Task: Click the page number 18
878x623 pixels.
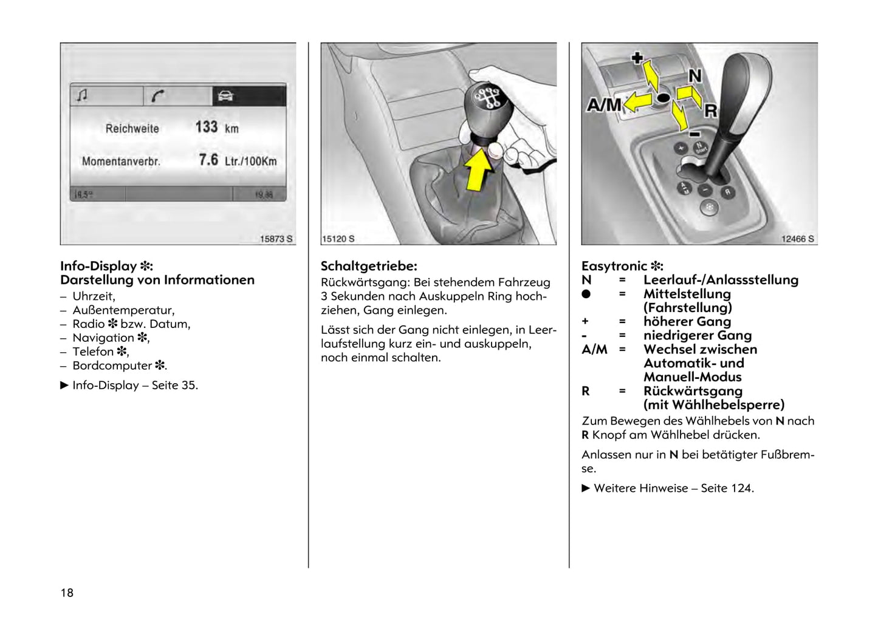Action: click(67, 593)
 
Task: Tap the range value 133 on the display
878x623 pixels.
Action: click(207, 127)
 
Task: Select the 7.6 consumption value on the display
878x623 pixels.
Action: click(208, 160)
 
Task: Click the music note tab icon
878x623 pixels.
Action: click(83, 95)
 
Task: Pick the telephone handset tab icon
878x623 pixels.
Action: click(158, 96)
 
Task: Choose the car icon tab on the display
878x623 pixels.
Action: click(225, 96)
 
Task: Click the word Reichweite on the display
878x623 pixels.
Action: click(132, 129)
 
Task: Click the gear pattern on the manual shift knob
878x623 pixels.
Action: click(486, 97)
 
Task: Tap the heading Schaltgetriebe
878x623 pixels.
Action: click(369, 266)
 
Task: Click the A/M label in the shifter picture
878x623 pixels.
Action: click(604, 105)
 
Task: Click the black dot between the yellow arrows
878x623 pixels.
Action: click(663, 97)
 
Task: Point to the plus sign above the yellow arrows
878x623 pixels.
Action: click(637, 58)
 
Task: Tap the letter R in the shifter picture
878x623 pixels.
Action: click(710, 111)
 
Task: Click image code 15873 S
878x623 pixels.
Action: click(276, 239)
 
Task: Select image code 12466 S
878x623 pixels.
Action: click(797, 239)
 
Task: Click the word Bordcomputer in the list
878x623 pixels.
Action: click(112, 366)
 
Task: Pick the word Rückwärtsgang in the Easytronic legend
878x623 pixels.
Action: click(693, 391)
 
